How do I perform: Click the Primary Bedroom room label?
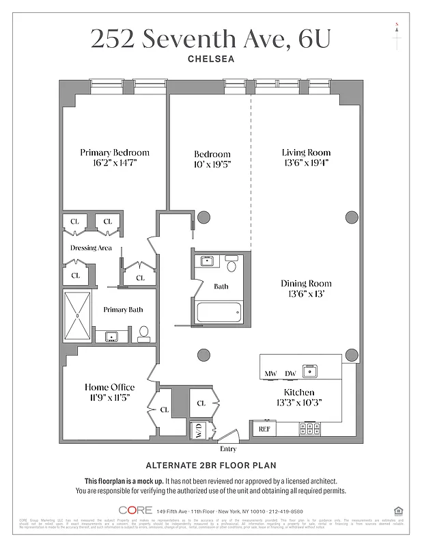[x=114, y=152]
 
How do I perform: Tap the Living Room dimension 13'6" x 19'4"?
[x=306, y=163]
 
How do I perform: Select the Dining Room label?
[x=306, y=283]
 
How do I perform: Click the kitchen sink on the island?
[x=311, y=371]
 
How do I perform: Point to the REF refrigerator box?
[x=264, y=429]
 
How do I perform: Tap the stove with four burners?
[x=310, y=429]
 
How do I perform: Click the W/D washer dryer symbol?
[x=198, y=430]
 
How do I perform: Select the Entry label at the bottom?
[x=228, y=449]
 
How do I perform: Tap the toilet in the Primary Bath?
[x=143, y=334]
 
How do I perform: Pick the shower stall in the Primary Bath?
[x=77, y=315]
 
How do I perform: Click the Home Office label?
[x=108, y=386]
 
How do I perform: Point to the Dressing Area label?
[x=91, y=248]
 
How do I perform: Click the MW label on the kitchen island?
[x=270, y=374]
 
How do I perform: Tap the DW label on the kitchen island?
[x=290, y=374]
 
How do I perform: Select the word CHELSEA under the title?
[x=211, y=59]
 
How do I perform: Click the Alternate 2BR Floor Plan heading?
[x=211, y=466]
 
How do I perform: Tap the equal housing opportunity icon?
[x=399, y=510]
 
